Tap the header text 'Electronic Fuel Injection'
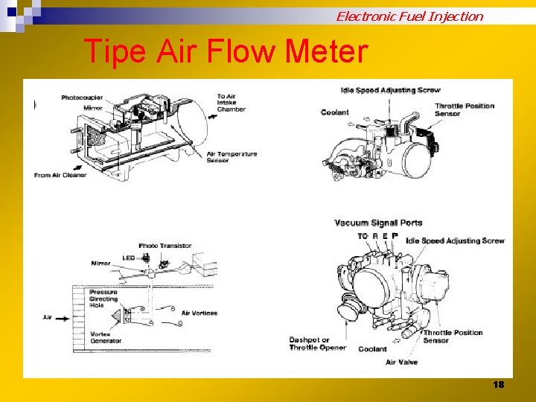pyautogui.click(x=409, y=16)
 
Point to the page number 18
pyautogui.click(x=499, y=384)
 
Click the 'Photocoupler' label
pyautogui.click(x=82, y=98)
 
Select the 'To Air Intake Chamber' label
pyautogui.click(x=231, y=102)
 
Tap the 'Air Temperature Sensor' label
pyautogui.click(x=232, y=157)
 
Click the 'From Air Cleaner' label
pyautogui.click(x=60, y=175)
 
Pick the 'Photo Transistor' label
pyautogui.click(x=165, y=246)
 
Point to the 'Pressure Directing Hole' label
pyautogui.click(x=103, y=299)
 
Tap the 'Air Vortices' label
pyautogui.click(x=200, y=313)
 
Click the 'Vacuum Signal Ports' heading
pyautogui.click(x=378, y=223)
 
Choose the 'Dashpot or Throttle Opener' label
pyautogui.click(x=318, y=344)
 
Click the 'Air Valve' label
pyautogui.click(x=401, y=363)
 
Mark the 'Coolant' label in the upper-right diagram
pyautogui.click(x=334, y=112)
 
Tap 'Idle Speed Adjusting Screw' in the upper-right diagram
pyautogui.click(x=390, y=90)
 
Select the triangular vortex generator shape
pyautogui.click(x=117, y=318)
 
